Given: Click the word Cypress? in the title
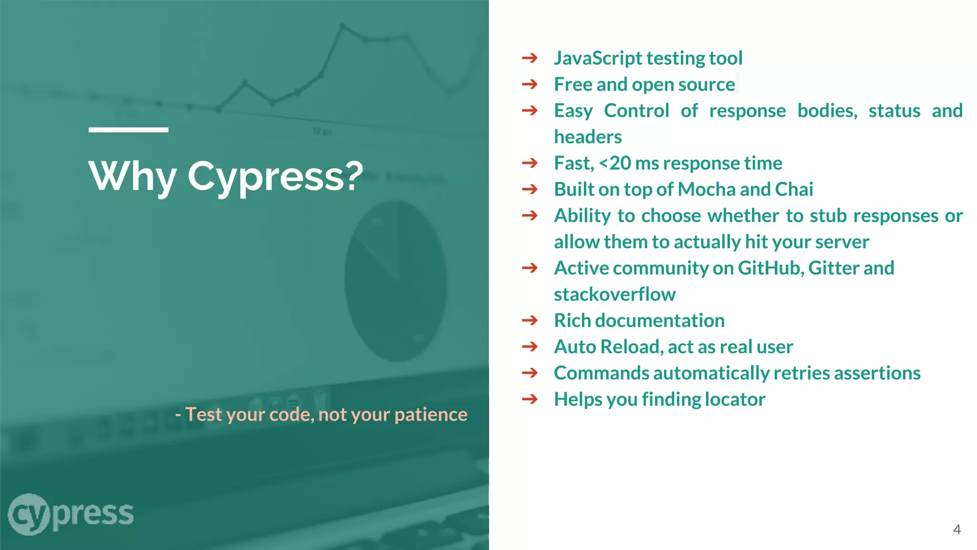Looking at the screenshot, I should point(275,177).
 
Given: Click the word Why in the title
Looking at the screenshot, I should point(133,177).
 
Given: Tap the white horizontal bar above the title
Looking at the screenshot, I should point(128,129).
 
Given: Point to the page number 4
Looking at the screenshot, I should point(956,529).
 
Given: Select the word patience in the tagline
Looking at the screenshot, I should point(431,414).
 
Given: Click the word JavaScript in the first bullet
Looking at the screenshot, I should point(598,58).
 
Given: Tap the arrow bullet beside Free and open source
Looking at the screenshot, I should point(530,85).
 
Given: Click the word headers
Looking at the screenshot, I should point(588,137).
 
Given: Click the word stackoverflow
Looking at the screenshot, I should point(614,295).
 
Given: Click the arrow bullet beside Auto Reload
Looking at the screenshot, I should point(530,347).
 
